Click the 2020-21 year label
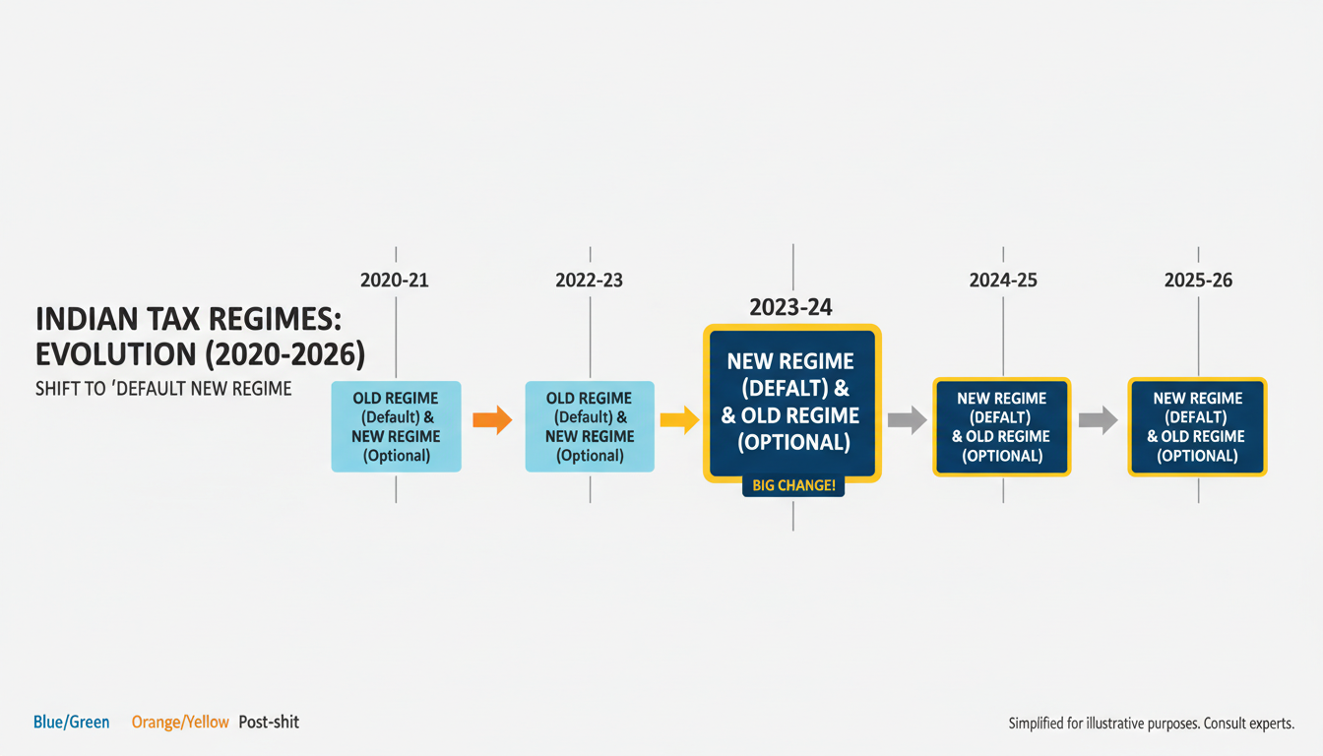coord(395,280)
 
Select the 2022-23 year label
coord(589,280)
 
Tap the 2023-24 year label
coord(791,307)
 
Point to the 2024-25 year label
coord(1003,280)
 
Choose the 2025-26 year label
coord(1198,280)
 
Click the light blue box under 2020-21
coord(396,426)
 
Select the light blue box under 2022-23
coord(590,426)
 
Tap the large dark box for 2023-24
coord(792,402)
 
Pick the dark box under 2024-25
coord(1001,426)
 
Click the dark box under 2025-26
coord(1197,426)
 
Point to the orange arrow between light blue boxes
coord(492,420)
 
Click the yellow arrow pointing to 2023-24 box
coord(679,420)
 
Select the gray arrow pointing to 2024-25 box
coord(907,420)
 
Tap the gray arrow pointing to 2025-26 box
coord(1098,420)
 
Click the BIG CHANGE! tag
coord(792,485)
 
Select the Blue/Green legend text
coord(72,722)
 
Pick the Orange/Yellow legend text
coord(180,722)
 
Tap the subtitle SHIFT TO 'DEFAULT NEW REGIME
coord(163,388)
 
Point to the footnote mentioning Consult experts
coord(1151,724)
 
